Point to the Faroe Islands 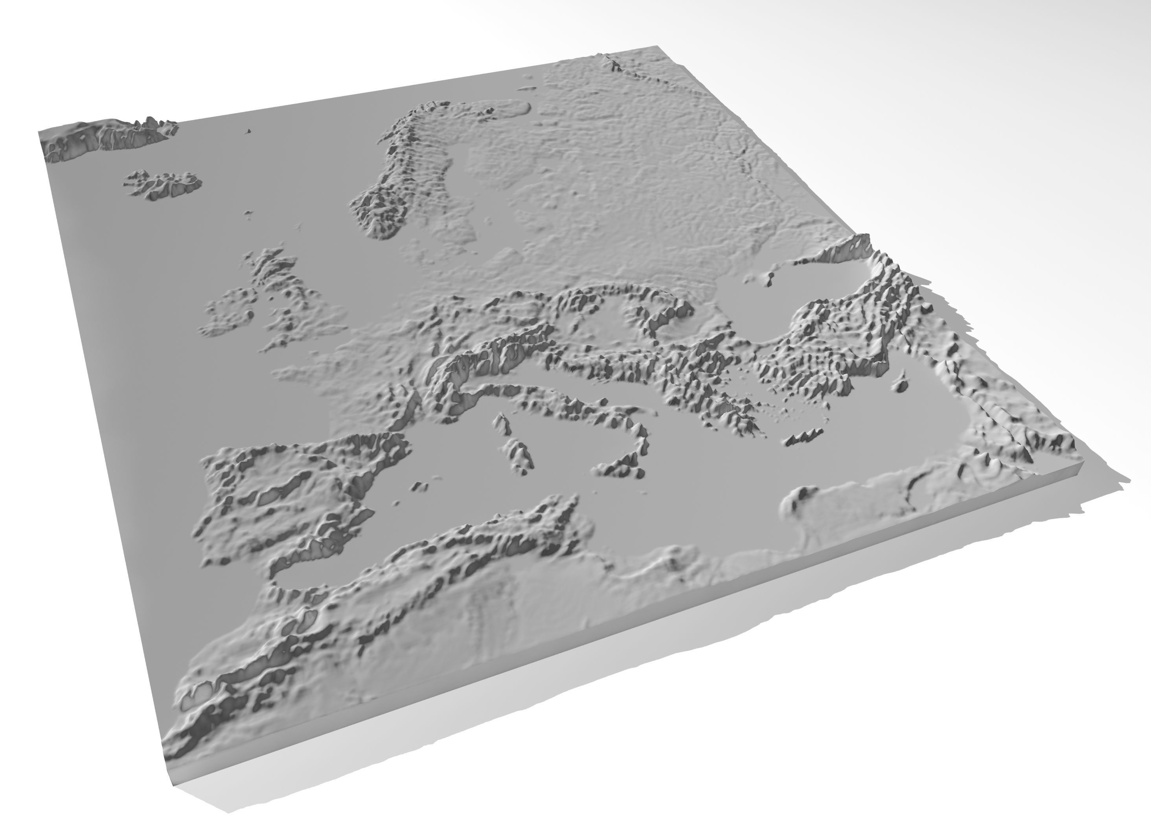point(248,131)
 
